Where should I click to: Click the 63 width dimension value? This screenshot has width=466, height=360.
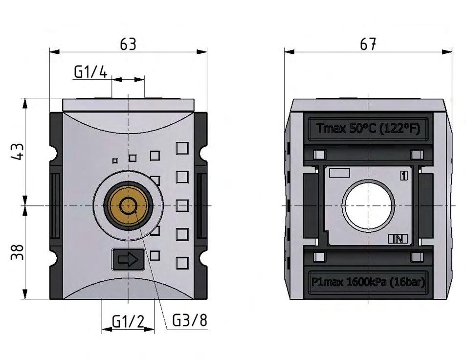128,44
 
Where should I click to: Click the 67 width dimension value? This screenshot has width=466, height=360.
368,44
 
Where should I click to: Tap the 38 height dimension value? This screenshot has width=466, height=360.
18,252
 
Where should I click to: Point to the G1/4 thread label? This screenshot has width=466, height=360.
90,72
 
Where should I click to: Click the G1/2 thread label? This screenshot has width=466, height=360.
128,321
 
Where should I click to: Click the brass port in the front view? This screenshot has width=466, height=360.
128,206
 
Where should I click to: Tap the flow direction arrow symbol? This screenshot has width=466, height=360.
128,259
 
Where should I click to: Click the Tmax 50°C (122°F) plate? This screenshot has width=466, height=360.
368,129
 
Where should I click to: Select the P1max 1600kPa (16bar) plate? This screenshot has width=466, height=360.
368,282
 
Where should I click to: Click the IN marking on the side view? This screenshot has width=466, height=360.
398,239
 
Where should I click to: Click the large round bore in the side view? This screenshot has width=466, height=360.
368,205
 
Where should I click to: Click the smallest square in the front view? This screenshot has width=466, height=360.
115,160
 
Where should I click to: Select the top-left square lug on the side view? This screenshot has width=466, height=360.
319,155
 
